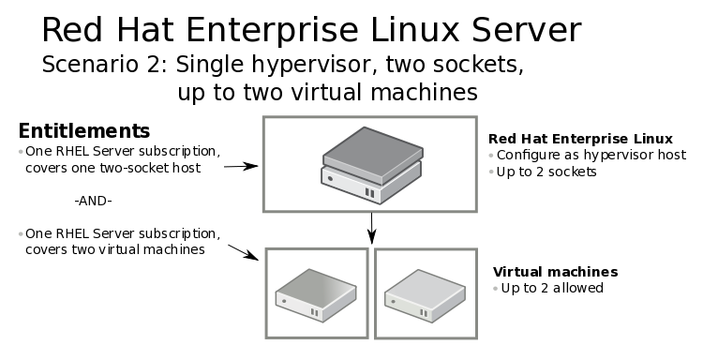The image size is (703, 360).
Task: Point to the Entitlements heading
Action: (x=84, y=130)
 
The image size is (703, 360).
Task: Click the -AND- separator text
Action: (x=93, y=201)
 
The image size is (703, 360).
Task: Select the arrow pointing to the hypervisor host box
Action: (x=241, y=166)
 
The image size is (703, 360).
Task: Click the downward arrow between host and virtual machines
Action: (x=372, y=226)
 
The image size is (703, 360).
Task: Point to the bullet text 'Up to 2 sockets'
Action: (x=550, y=172)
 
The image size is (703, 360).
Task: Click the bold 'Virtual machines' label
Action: (x=555, y=272)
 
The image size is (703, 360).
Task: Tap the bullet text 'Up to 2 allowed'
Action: (x=552, y=288)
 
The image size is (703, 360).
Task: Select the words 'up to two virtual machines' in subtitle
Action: (x=327, y=93)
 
